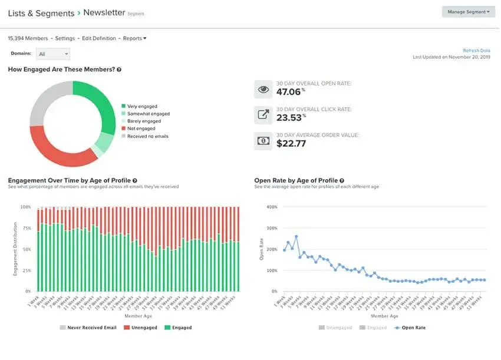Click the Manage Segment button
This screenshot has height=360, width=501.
(468, 12)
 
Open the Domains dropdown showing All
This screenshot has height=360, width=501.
(52, 54)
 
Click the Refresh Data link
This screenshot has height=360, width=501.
(476, 51)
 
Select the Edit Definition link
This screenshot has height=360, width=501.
(98, 38)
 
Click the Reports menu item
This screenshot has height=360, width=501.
(134, 38)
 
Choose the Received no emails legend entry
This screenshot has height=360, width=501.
(147, 136)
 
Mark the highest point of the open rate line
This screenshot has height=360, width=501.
(296, 236)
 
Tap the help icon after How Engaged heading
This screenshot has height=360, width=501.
(119, 70)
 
